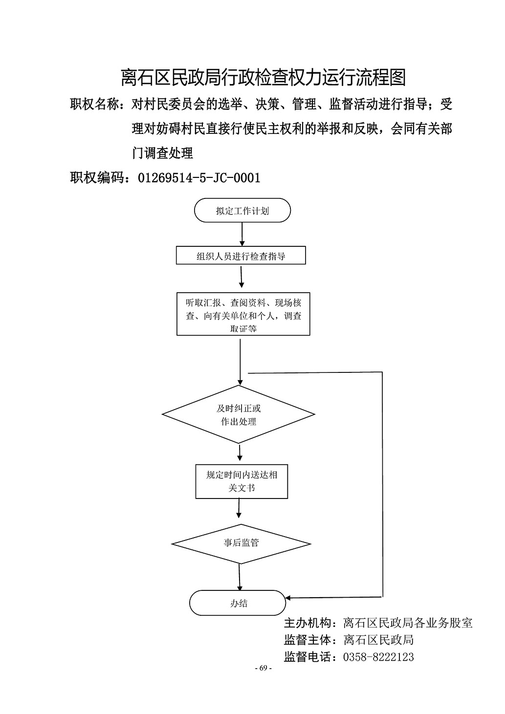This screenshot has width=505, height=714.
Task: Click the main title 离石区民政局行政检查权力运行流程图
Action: coord(263,77)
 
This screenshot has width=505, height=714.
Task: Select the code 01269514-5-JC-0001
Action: coord(199,177)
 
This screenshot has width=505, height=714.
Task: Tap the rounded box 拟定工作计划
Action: coord(242,210)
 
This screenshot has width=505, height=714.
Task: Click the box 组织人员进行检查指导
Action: coord(241,255)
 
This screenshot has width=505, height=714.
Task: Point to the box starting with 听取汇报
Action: coord(243,314)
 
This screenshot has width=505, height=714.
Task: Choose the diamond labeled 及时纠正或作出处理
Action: coord(239,414)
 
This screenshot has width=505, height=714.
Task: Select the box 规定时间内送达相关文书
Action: coord(242,481)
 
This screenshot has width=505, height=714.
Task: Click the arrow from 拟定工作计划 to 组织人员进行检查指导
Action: coord(242,234)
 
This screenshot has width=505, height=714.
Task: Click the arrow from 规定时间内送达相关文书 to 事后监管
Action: coord(239,508)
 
